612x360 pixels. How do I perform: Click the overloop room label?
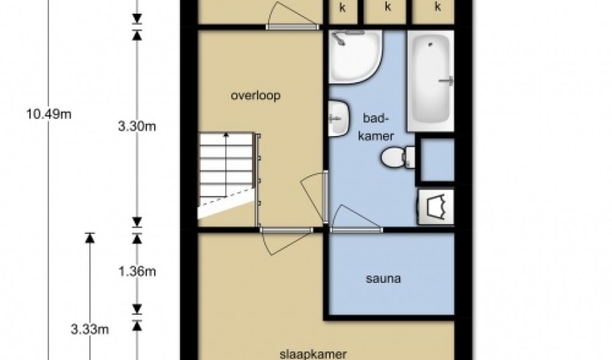pyautogui.click(x=256, y=96)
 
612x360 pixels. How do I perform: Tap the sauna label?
pyautogui.click(x=383, y=279)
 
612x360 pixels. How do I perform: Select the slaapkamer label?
pyautogui.click(x=313, y=354)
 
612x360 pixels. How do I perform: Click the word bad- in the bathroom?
pyautogui.click(x=377, y=118)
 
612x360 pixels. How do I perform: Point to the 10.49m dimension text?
pyautogui.click(x=49, y=114)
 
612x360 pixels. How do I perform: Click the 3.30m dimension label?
pyautogui.click(x=137, y=127)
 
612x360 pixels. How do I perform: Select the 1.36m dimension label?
pyautogui.click(x=137, y=271)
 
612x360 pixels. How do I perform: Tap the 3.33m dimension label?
pyautogui.click(x=90, y=330)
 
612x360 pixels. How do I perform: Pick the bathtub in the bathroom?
pyautogui.click(x=431, y=81)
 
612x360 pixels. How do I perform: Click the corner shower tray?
pyautogui.click(x=354, y=57)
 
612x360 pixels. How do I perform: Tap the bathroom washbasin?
pyautogui.click(x=338, y=118)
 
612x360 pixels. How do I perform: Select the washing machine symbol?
pyautogui.click(x=436, y=207)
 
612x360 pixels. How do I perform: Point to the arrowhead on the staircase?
pyautogui.click(x=226, y=135)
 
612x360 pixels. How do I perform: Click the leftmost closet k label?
pyautogui.click(x=342, y=7)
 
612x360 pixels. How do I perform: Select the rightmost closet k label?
pyautogui.click(x=438, y=6)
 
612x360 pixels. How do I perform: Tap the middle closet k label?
pyautogui.click(x=387, y=6)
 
